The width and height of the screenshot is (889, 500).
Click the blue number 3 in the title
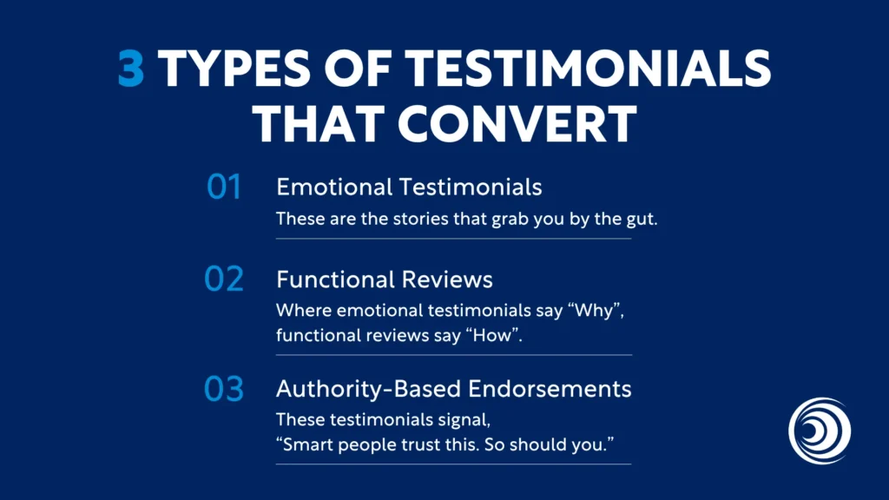(x=131, y=70)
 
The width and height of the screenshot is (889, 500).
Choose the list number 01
(x=224, y=187)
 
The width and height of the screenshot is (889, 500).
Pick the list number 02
(x=224, y=280)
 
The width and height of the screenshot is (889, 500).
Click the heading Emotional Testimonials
(x=409, y=187)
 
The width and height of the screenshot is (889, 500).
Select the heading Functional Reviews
(x=385, y=280)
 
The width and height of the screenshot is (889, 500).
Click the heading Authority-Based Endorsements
(x=454, y=389)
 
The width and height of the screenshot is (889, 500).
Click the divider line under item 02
(x=454, y=355)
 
